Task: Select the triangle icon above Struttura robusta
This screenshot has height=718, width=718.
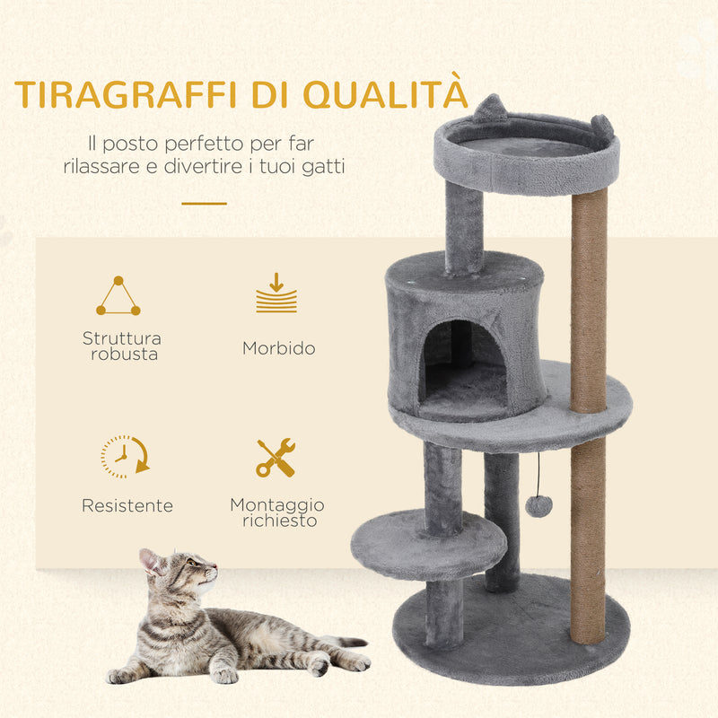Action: tap(118, 297)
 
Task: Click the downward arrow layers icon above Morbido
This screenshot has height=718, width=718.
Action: tap(276, 293)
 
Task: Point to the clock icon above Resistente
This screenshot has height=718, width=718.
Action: tap(124, 456)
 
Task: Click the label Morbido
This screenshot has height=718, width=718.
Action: tap(278, 348)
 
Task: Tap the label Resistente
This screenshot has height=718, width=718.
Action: tap(127, 506)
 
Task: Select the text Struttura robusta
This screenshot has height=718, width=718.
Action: tap(122, 346)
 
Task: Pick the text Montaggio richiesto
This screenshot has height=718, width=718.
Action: tap(277, 512)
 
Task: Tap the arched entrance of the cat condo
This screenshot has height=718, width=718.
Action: tap(463, 363)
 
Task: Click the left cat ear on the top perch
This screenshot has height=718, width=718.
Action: tap(489, 109)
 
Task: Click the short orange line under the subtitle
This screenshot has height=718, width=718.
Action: tap(204, 204)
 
